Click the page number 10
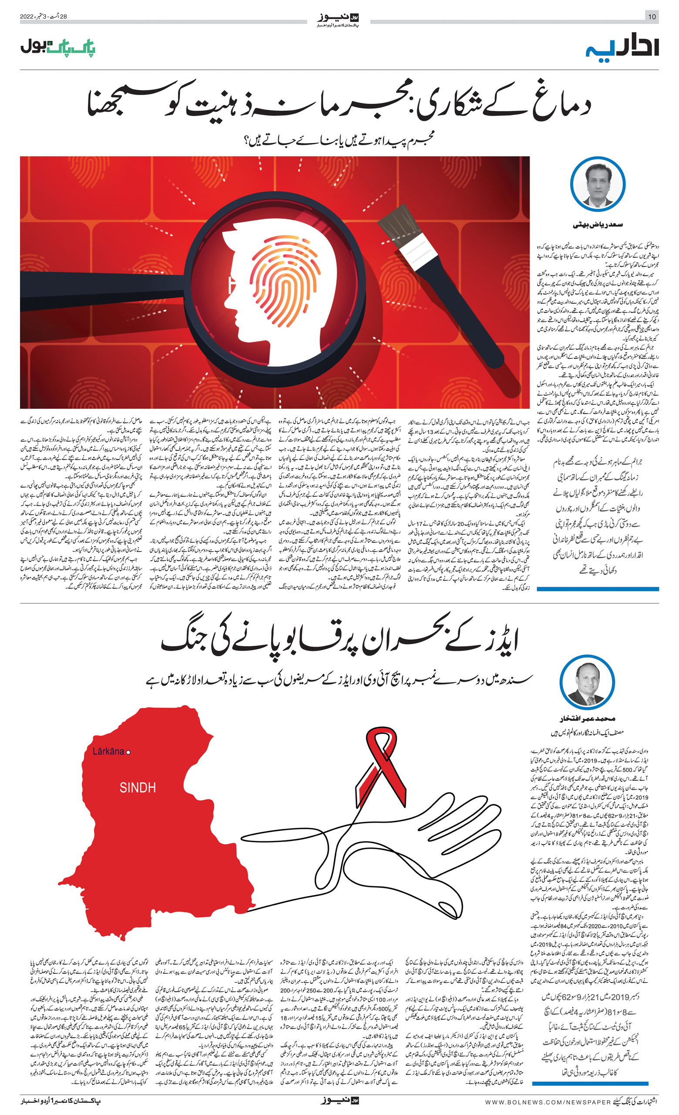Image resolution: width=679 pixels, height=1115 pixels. click(x=652, y=17)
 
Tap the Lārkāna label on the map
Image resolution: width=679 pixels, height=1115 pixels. click(x=108, y=752)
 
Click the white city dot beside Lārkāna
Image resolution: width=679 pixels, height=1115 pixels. click(x=128, y=752)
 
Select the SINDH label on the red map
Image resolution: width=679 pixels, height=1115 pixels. click(x=138, y=788)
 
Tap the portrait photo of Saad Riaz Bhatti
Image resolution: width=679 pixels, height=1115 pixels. click(x=598, y=184)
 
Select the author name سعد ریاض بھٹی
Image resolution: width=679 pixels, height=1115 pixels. click(x=598, y=225)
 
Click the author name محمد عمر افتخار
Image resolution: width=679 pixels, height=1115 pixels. click(x=587, y=718)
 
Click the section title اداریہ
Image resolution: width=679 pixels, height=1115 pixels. click(x=622, y=47)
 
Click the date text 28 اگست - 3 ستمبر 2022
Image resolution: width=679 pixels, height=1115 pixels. click(x=44, y=17)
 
